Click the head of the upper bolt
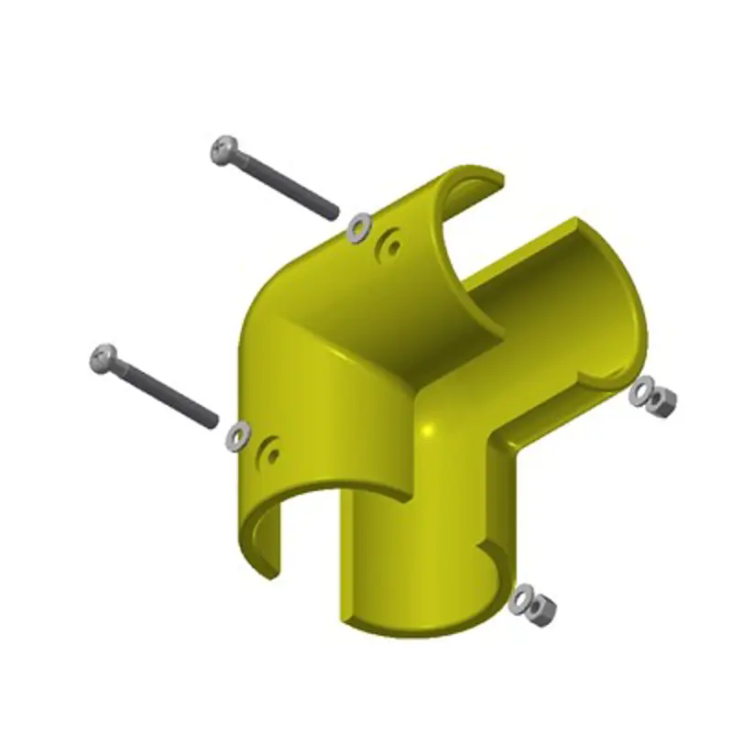coord(224,150)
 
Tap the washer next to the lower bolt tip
coord(237,435)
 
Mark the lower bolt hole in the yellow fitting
coord(270,451)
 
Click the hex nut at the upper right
coord(662,401)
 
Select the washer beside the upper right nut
coord(642,390)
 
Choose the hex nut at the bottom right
coord(541,607)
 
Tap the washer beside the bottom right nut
coord(522,598)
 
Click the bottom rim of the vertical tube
coord(421,632)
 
